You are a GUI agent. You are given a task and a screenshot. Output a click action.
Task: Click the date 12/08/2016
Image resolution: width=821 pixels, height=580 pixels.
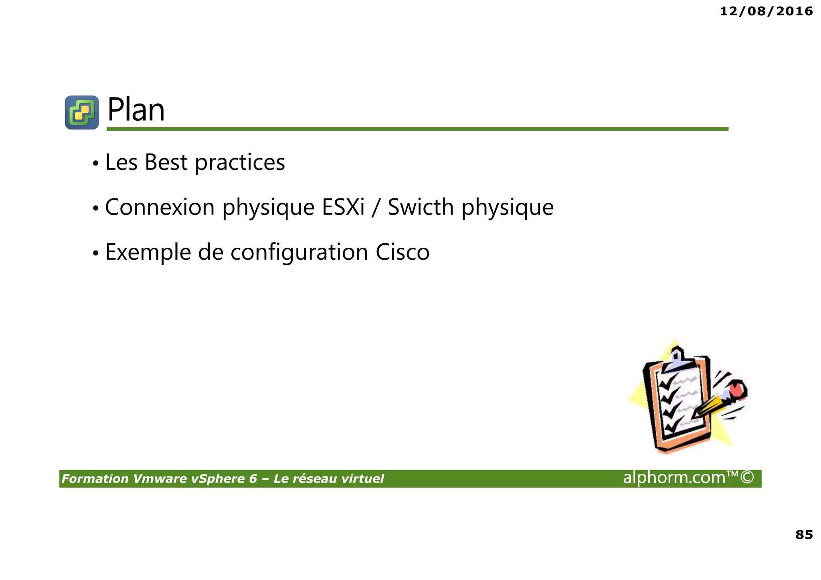tap(766, 11)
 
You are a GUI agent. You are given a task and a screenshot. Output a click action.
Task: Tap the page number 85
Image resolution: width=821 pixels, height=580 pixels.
tap(804, 535)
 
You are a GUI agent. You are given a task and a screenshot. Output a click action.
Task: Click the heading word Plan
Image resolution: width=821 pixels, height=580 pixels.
tap(136, 110)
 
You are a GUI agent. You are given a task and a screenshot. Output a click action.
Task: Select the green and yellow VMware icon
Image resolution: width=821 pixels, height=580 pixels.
tap(82, 112)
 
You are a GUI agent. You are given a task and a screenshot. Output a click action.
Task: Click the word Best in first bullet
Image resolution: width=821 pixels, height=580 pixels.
tap(166, 162)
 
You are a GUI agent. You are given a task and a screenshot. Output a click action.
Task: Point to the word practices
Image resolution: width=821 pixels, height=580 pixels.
tap(240, 163)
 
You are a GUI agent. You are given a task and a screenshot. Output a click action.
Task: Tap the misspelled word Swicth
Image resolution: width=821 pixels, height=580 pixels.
tap(421, 207)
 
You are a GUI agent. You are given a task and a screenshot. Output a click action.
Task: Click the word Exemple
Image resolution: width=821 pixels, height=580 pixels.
tap(148, 253)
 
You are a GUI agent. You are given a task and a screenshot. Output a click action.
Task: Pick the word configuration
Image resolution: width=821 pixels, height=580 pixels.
tap(299, 253)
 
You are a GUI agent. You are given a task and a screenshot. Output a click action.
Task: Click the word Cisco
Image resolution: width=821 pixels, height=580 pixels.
tap(402, 252)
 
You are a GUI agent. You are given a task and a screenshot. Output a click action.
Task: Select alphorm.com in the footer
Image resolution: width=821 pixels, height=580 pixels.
tap(674, 478)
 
